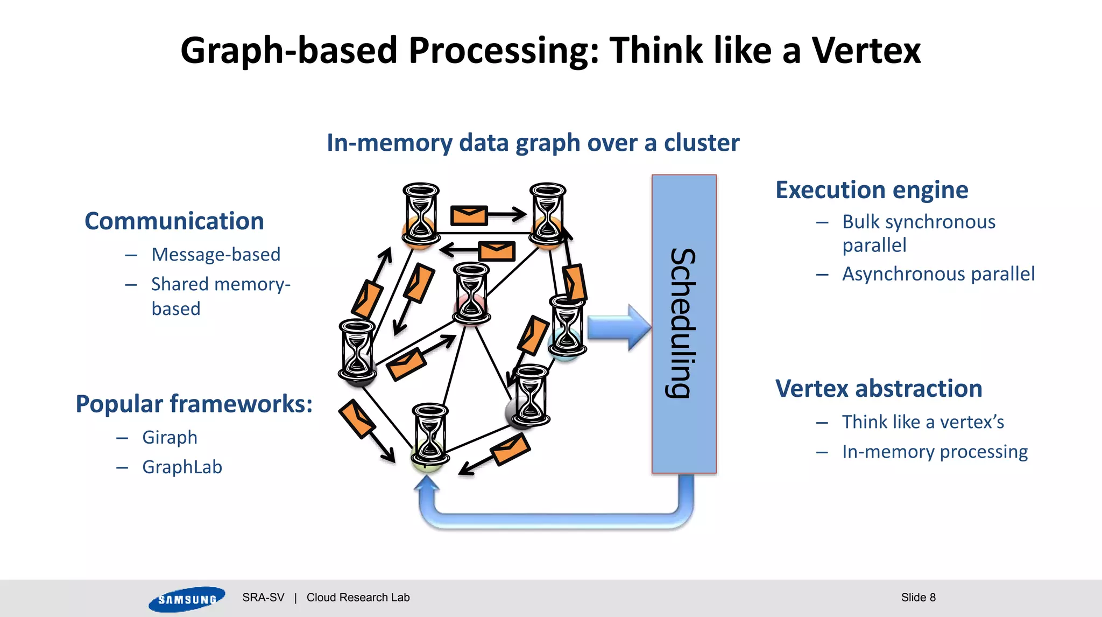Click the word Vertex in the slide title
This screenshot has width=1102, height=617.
pos(866,51)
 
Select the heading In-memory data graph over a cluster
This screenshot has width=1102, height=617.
pos(533,143)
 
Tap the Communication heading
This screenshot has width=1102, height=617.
pos(174,221)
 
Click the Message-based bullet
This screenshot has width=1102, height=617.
pos(216,254)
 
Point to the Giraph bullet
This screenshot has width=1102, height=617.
pos(169,437)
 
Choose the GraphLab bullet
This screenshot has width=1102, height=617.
pos(182,467)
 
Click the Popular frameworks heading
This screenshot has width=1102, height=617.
pos(194,404)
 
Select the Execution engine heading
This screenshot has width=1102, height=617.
pos(872,190)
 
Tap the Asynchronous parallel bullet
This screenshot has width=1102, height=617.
pos(938,274)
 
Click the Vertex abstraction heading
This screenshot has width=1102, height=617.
pos(879,389)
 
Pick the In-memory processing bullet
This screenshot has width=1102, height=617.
pos(935,451)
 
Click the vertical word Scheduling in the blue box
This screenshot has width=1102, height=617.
pos(683,323)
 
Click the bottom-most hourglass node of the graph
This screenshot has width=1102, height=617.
pos(429,434)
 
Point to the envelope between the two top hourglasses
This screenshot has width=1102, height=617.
pos(469,215)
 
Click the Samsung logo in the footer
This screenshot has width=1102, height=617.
pos(187,599)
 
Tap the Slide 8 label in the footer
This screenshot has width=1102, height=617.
pos(918,598)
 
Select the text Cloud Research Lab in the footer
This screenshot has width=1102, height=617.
pos(358,598)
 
